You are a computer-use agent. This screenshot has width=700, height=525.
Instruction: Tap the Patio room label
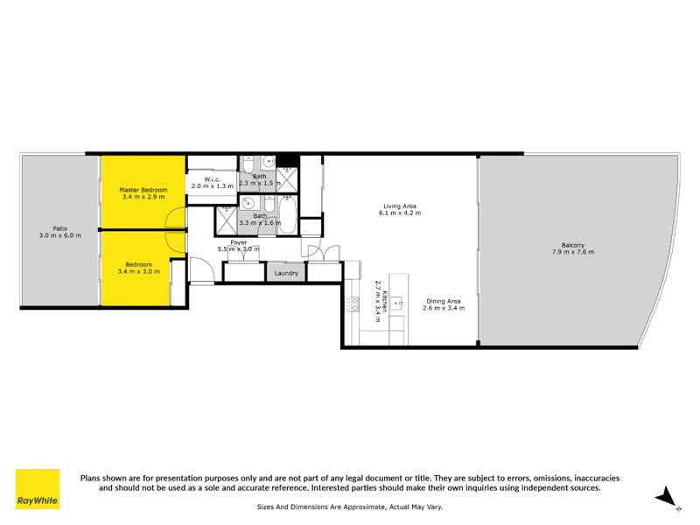pyautogui.click(x=59, y=231)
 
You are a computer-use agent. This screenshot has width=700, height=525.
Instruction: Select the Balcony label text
pyautogui.click(x=573, y=245)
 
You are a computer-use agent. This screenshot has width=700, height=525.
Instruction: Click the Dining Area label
pyautogui.click(x=441, y=301)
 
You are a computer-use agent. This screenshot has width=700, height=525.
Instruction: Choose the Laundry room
pyautogui.click(x=286, y=273)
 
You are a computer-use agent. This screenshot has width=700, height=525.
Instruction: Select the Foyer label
pyautogui.click(x=239, y=242)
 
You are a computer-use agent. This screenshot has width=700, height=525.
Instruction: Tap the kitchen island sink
pyautogui.click(x=398, y=304)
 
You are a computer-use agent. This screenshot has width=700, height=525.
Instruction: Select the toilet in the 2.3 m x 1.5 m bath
pyautogui.click(x=249, y=164)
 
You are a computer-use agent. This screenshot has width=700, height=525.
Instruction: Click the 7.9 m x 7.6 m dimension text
pyautogui.click(x=573, y=252)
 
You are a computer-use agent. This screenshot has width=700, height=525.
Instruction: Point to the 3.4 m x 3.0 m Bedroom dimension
pyautogui.click(x=138, y=271)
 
